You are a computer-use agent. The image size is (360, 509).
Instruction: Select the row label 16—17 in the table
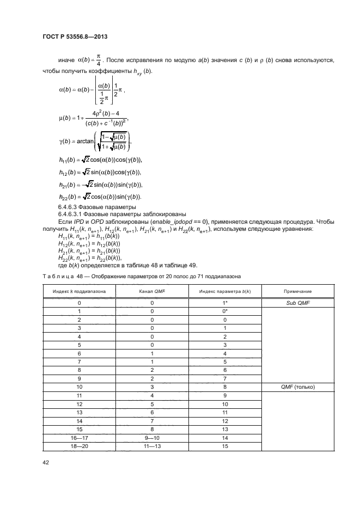pyautogui.click(x=80, y=437)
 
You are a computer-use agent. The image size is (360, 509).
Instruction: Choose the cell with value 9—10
pyautogui.click(x=152, y=437)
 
